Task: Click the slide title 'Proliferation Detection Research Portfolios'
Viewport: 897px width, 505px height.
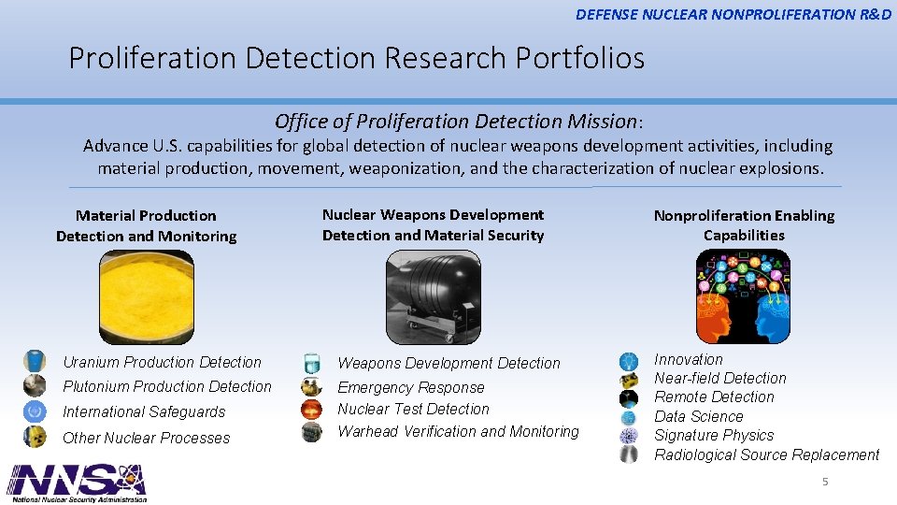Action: [x=356, y=58]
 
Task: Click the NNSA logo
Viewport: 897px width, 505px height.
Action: [x=77, y=482]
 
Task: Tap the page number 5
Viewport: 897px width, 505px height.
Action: [x=825, y=482]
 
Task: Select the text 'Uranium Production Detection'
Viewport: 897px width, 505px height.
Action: [x=162, y=362]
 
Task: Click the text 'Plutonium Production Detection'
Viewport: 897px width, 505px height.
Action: [x=166, y=386]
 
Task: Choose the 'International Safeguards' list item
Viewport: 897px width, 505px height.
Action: [x=144, y=411]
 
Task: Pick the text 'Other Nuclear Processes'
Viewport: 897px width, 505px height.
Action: [x=146, y=438]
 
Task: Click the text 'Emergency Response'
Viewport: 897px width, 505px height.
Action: [x=411, y=387]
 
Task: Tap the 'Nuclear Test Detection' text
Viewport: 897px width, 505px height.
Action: [x=413, y=409]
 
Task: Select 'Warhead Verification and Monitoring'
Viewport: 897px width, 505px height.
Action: [x=458, y=431]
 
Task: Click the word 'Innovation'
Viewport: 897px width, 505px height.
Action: [x=689, y=359]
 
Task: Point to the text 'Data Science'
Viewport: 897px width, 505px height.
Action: [x=699, y=416]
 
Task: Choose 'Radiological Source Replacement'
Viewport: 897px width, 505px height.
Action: [x=766, y=454]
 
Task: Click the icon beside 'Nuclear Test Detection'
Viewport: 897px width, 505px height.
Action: [x=311, y=410]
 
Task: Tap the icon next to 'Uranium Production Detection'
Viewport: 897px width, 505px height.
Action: [x=35, y=361]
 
